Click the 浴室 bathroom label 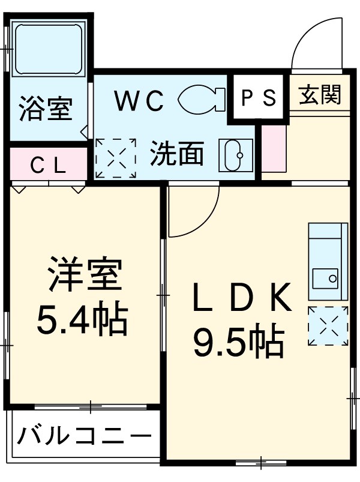[45, 109]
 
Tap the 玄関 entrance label [320, 95]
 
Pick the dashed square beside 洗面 [115, 158]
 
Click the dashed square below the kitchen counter [328, 325]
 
